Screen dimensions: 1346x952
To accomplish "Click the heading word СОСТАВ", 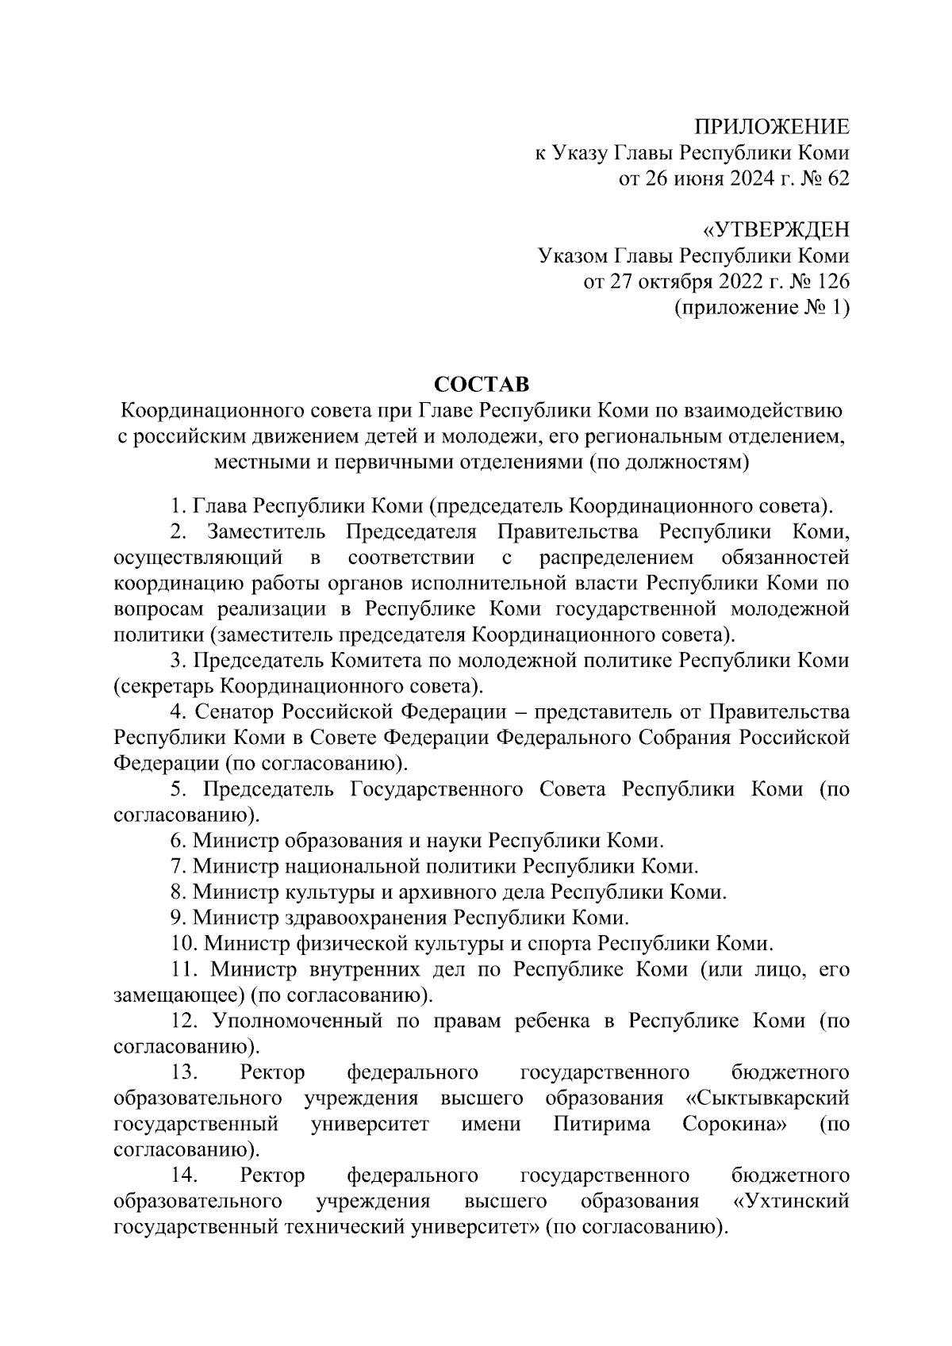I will [x=482, y=384].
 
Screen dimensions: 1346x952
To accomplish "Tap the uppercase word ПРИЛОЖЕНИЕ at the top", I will [x=772, y=127].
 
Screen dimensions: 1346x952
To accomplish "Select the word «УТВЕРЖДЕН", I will [x=776, y=230].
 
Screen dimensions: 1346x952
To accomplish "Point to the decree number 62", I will [x=838, y=178].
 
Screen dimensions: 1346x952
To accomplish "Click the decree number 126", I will [x=830, y=282].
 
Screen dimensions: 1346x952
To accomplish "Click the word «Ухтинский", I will [x=790, y=1201].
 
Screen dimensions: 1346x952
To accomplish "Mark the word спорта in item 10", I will [x=561, y=944].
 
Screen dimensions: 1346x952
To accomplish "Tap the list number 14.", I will [x=183, y=1175].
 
